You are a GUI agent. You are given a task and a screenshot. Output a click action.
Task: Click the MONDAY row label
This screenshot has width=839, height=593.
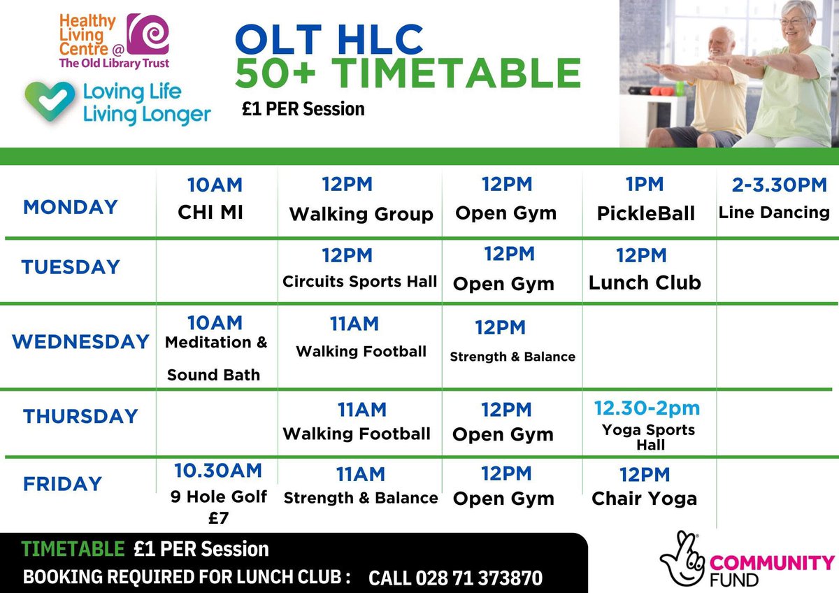(x=70, y=207)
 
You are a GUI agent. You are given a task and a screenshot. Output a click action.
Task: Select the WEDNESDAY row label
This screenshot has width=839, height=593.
(x=80, y=342)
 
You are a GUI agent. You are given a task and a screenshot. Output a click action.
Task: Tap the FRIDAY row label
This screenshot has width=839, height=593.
(x=62, y=483)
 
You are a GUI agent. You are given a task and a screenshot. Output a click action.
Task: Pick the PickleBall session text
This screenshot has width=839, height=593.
(x=646, y=213)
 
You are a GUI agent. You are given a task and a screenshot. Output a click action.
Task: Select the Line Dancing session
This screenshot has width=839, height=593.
(x=774, y=212)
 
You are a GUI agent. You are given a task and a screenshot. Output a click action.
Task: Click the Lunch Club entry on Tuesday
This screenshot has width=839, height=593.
(x=645, y=282)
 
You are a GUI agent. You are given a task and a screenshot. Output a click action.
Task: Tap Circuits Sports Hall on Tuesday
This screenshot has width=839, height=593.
(x=359, y=282)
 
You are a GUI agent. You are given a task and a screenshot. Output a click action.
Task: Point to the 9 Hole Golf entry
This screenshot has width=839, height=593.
(x=219, y=497)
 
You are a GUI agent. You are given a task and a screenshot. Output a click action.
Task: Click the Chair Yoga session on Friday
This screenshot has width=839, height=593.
(x=644, y=498)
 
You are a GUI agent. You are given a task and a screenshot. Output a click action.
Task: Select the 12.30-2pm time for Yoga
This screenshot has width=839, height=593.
(x=647, y=408)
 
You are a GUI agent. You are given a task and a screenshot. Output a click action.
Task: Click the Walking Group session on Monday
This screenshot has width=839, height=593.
(x=361, y=214)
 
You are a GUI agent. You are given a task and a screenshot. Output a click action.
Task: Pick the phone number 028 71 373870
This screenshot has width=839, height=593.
(x=455, y=578)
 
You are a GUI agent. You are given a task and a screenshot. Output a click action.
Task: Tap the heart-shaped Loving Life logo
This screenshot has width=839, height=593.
(x=48, y=101)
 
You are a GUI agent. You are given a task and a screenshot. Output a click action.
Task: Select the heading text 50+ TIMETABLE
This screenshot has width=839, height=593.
(x=408, y=74)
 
